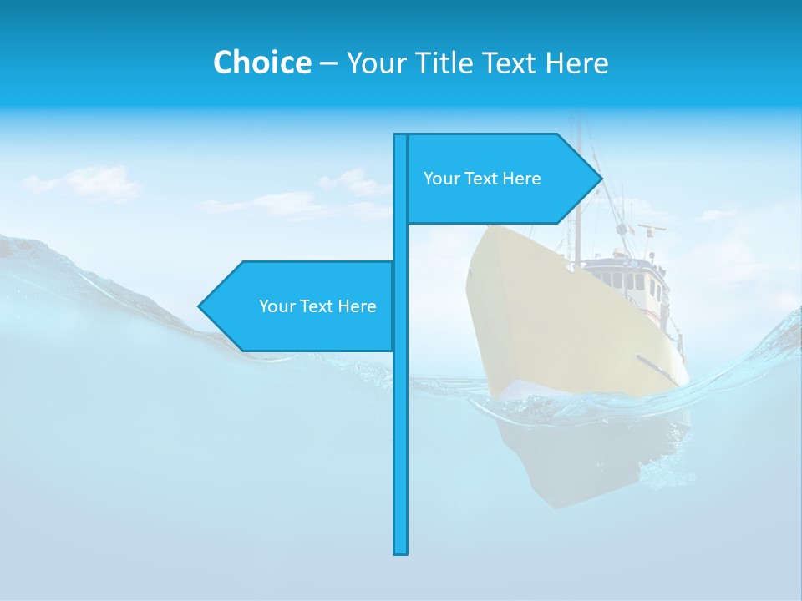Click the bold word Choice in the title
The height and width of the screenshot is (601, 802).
coord(261,63)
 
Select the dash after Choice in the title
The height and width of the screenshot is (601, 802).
coord(328,63)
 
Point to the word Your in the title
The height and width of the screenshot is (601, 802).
coord(376,63)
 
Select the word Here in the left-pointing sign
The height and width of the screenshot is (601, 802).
coord(357,306)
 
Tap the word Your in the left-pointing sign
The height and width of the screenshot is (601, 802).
coord(277,306)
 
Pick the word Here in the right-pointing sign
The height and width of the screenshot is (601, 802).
coord(521,179)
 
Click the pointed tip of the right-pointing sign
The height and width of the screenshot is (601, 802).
coord(600,179)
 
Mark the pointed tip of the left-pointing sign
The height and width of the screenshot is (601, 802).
coord(200,306)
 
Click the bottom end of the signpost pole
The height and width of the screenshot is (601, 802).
coord(401,551)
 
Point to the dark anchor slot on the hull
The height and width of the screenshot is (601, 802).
coord(656,368)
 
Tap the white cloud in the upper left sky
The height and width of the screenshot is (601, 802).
coord(92,184)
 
